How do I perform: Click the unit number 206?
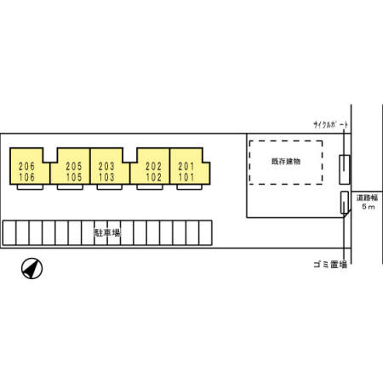tap(26, 166)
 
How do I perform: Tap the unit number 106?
tap(26, 177)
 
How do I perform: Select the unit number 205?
tap(74, 166)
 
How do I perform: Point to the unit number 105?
tap(74, 177)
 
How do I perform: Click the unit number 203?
tap(106, 166)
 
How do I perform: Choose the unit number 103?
tap(106, 177)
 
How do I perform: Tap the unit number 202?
tap(153, 166)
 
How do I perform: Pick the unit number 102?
tap(153, 177)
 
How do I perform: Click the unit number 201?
tap(186, 166)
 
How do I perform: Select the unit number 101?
tap(186, 177)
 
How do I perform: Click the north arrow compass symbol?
tap(31, 268)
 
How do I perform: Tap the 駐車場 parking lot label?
tap(107, 233)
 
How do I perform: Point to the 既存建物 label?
tap(286, 162)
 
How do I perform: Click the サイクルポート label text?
tap(331, 124)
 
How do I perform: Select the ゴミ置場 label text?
tap(330, 265)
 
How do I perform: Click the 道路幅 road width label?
tap(368, 197)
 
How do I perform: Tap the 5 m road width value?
tap(369, 207)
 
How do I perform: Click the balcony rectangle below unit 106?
tap(30, 187)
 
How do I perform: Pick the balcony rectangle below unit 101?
tap(189, 187)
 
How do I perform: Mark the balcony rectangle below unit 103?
tap(110, 187)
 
